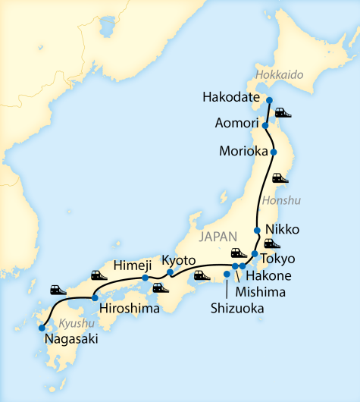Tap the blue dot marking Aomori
tap(265, 125)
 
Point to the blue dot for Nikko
tap(258, 230)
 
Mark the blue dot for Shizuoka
tap(227, 274)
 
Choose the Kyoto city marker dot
tap(170, 272)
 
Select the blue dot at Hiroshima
tap(94, 298)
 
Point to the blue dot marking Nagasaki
tap(42, 328)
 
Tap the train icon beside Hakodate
tap(283, 113)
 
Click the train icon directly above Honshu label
tap(280, 179)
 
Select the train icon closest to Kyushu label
tap(58, 290)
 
